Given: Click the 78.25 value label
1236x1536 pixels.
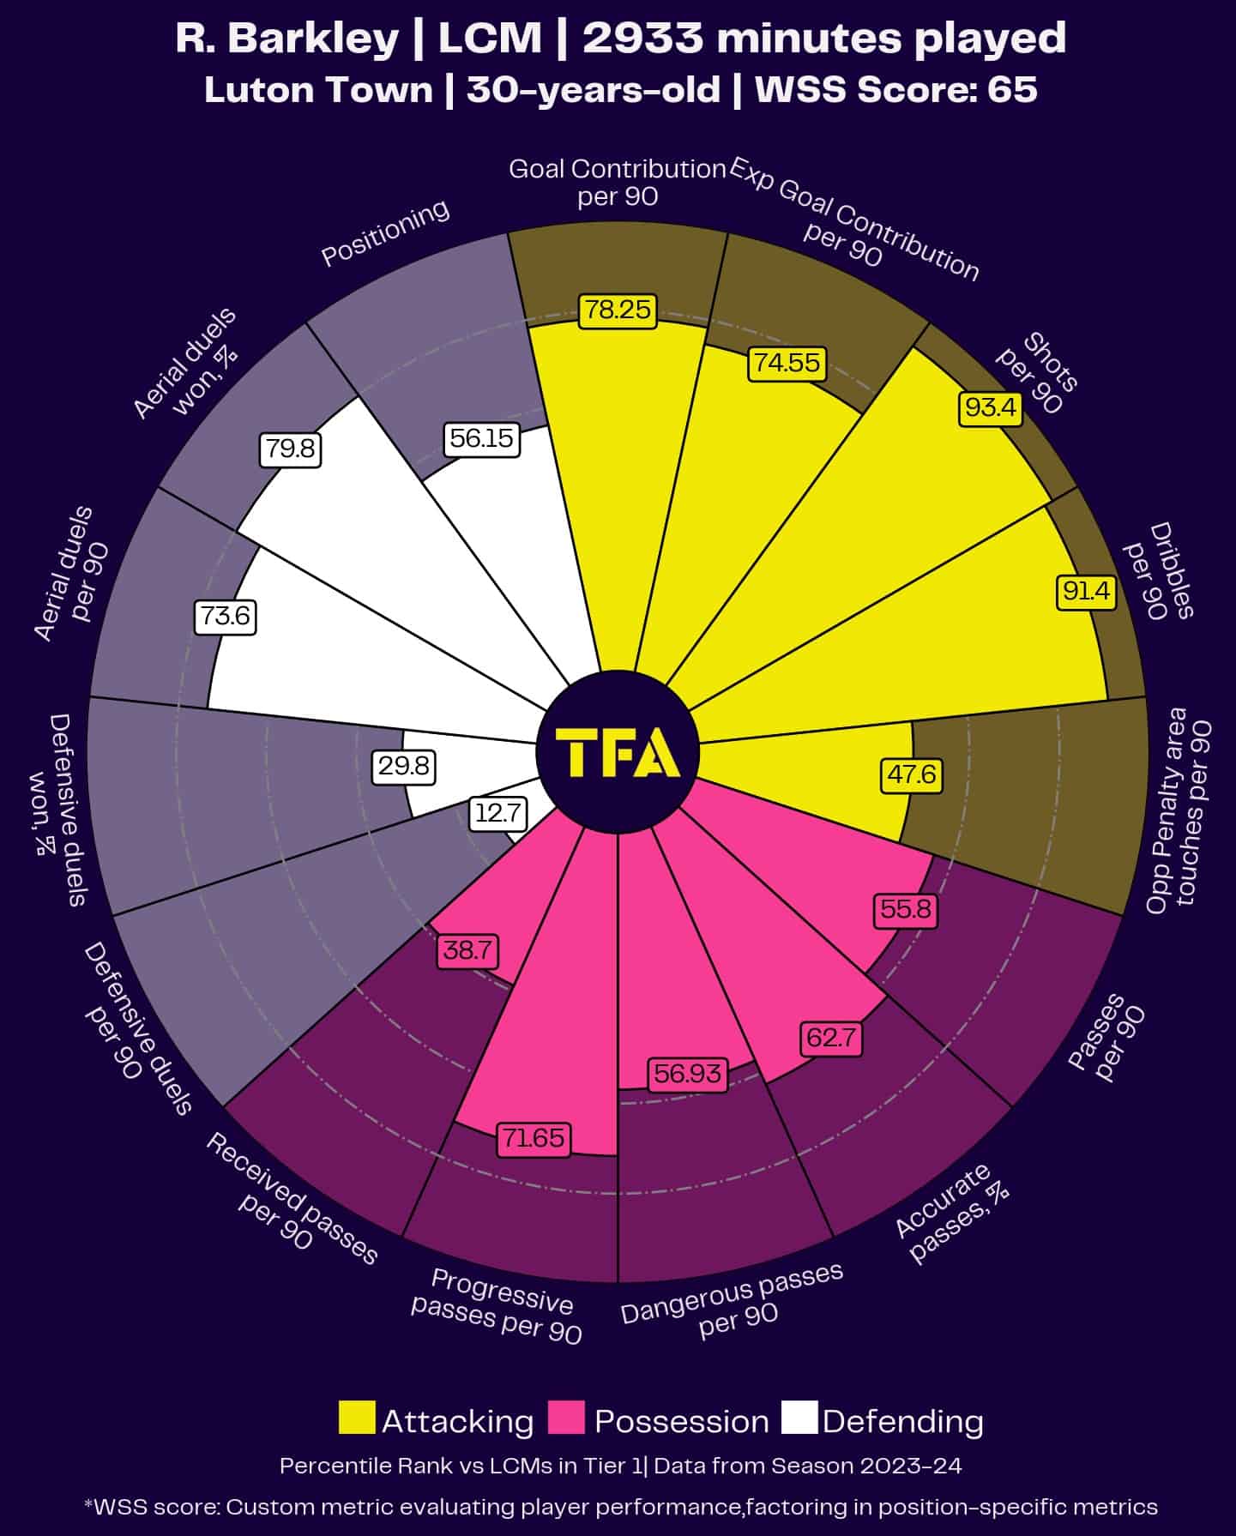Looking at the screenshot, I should click(618, 310).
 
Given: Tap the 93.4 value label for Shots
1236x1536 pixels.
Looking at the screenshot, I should click(990, 407).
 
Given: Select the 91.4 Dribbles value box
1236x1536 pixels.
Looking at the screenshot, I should click(1086, 591).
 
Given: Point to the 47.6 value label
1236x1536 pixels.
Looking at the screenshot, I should click(912, 775).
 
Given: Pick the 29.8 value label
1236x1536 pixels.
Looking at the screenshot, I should click(404, 765).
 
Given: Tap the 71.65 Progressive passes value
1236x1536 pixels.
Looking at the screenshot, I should click(534, 1138).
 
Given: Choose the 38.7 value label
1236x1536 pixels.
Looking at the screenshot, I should click(468, 950).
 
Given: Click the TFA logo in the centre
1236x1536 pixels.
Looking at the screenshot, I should click(618, 752).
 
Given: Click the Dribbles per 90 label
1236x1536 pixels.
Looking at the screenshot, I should click(1158, 571).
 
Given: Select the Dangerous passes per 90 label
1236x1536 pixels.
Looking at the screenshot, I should click(733, 1304).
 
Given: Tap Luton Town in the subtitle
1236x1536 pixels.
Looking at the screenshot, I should click(318, 90).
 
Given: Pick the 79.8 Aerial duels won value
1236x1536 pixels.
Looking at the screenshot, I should click(291, 449).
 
